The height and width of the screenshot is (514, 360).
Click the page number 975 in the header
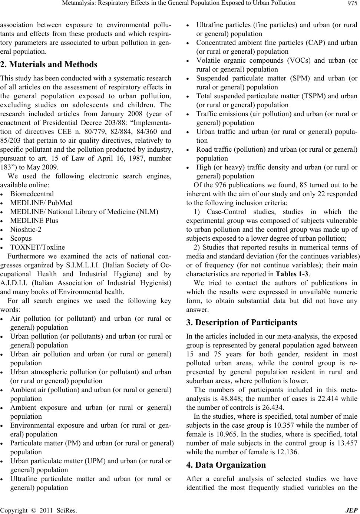point(353,4)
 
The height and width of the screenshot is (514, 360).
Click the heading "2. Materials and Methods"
point(49,65)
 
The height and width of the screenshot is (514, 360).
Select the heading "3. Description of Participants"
point(242,322)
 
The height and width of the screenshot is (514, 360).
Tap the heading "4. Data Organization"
point(226,465)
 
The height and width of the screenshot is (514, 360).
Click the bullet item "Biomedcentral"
point(32,194)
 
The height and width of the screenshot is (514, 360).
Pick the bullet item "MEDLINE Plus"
point(34,221)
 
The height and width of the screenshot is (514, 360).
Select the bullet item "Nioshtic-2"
point(26,230)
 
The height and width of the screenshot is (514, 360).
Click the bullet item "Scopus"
point(21,238)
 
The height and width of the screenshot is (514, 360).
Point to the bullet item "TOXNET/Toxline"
point(37,247)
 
